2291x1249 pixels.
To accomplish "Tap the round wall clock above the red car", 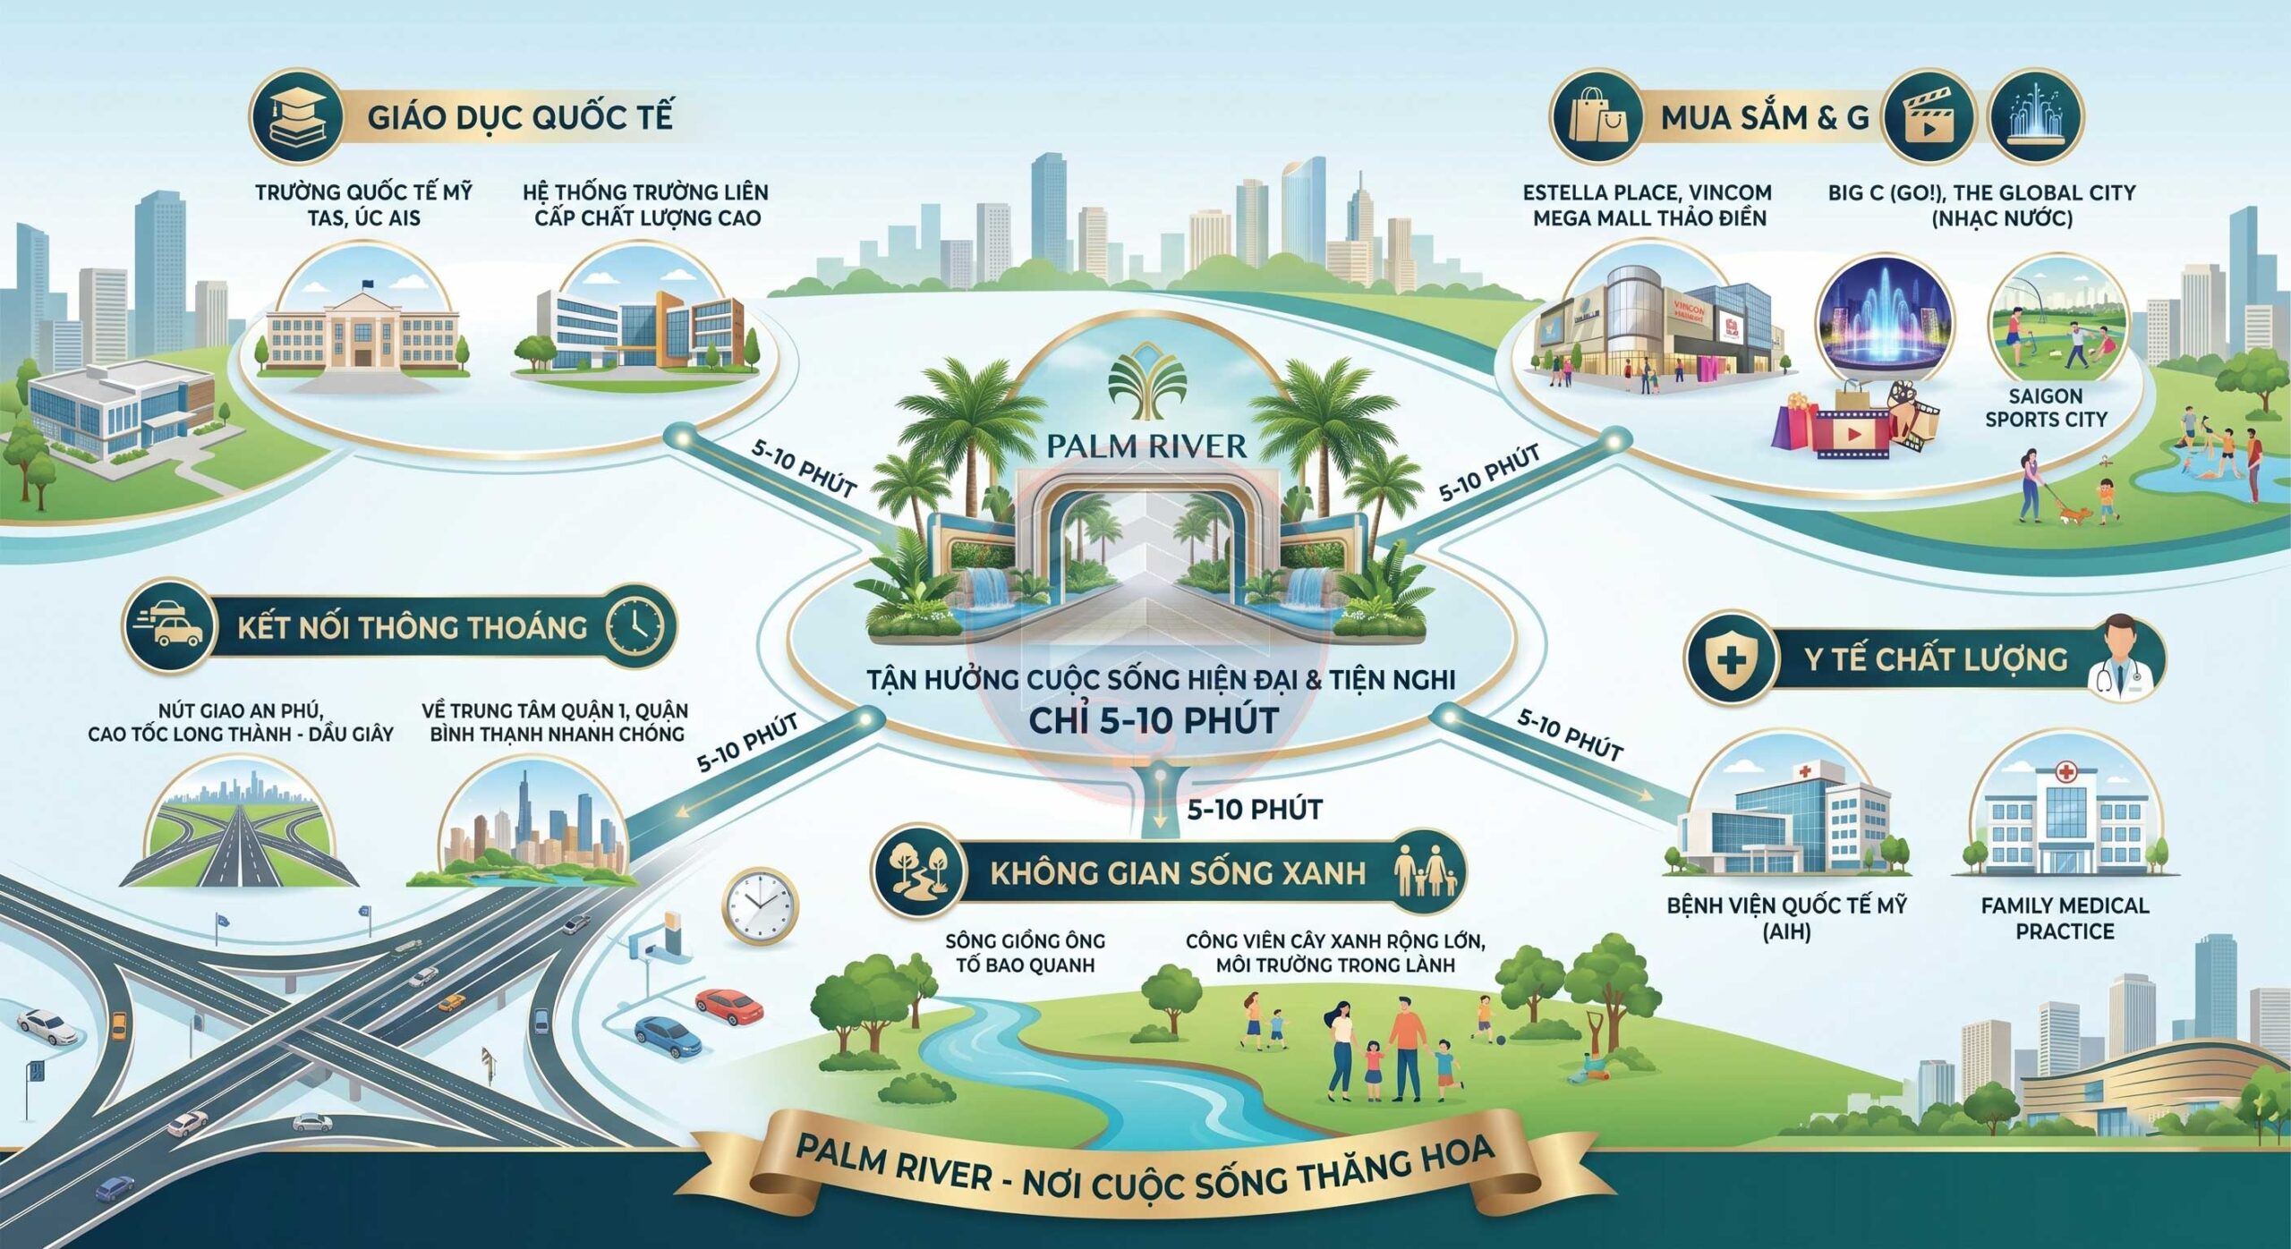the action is (x=759, y=905).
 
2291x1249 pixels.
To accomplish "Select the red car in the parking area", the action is (x=729, y=1006).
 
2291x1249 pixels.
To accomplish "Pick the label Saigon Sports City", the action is (x=2046, y=407).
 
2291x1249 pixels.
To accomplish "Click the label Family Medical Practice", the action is (x=2065, y=918).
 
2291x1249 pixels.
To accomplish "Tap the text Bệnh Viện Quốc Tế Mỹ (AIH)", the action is (x=1786, y=918).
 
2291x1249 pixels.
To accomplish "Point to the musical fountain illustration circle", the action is (x=1885, y=322).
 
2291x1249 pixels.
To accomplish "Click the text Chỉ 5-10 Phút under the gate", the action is (x=1154, y=721).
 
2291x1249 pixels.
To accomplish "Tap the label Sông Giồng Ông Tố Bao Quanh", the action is (x=1026, y=953).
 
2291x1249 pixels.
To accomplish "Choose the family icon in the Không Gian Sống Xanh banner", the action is (x=1425, y=872).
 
